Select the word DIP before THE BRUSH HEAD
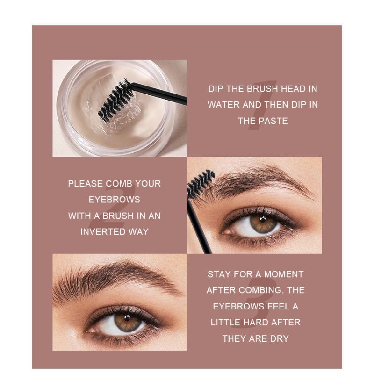coord(216,89)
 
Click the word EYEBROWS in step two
coord(115,200)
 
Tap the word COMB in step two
coord(118,183)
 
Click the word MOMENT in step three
coord(284,274)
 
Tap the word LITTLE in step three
coord(226,322)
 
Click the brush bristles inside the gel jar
coord(115,99)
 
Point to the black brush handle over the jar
coord(159,92)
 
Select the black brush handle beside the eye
coord(199,226)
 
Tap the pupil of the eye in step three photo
coord(127,317)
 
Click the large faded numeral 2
coord(113,207)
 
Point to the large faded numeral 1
coord(263,105)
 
